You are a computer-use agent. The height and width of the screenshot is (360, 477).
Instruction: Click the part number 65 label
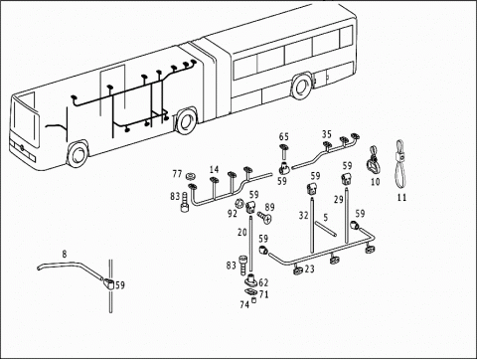point(284,136)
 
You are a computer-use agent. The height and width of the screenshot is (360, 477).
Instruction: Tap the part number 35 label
point(327,134)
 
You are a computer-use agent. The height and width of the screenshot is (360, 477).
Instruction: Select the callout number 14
point(215,169)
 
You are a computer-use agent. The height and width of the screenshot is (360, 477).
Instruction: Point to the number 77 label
point(177,174)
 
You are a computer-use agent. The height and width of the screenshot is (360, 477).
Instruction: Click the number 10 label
point(375,182)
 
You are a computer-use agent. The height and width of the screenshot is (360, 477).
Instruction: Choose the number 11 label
point(401,198)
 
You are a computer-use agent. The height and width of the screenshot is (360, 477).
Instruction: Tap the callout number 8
point(65,254)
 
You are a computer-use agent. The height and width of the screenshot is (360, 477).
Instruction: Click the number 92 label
point(233,214)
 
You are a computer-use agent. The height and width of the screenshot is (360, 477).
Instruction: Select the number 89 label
point(270,207)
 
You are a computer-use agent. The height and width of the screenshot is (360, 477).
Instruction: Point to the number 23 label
point(309,269)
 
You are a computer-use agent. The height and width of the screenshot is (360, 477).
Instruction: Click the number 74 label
point(244,304)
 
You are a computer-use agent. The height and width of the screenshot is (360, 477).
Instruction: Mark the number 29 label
point(339,200)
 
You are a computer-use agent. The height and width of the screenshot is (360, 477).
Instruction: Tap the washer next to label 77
point(191,175)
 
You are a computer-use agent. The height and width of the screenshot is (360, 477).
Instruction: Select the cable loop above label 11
point(400,163)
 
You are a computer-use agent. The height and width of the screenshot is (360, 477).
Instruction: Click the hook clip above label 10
point(374,160)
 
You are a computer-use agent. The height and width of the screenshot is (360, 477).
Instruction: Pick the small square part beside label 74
point(254,300)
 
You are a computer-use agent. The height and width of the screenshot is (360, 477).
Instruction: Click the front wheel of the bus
point(79,155)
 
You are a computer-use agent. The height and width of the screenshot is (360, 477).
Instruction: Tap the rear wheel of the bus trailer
point(301,87)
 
